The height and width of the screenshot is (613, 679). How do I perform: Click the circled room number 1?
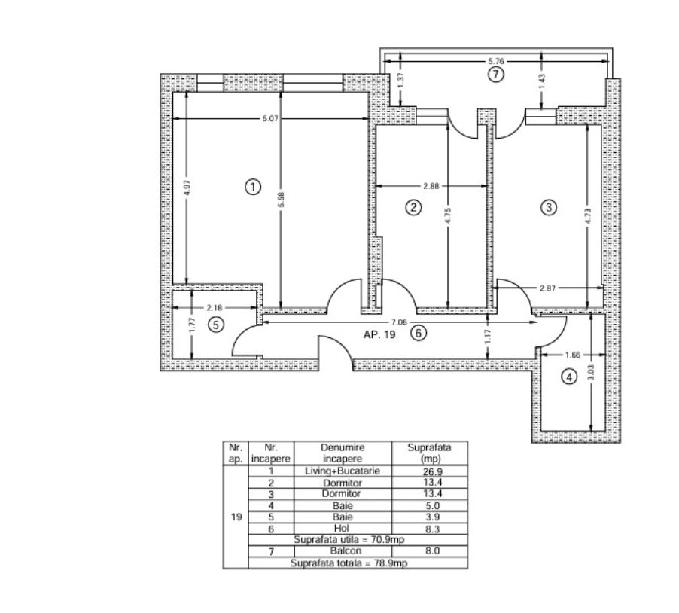pos(253,188)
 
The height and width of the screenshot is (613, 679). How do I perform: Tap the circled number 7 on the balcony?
pos(496,75)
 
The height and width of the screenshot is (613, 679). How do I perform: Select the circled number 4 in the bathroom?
pos(569,377)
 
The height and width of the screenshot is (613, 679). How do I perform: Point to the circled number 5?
pos(216,325)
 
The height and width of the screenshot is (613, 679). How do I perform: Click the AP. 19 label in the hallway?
pos(379,334)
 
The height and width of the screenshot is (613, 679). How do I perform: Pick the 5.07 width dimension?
pos(270,118)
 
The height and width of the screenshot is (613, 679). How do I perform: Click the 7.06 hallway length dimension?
pos(399,322)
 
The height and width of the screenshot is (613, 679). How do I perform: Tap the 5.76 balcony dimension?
pos(496,61)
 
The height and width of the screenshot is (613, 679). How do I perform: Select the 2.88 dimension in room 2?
pos(431,186)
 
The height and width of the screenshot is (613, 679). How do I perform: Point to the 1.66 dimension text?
pos(572,355)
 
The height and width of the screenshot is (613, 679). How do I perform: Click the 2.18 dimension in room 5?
pos(215,307)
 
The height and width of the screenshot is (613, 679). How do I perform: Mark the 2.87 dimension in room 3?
pos(548,288)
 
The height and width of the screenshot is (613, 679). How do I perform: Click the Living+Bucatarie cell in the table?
pos(343,471)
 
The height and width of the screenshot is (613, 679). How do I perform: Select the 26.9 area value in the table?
pos(433,471)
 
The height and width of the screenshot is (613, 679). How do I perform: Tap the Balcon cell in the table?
pos(346,550)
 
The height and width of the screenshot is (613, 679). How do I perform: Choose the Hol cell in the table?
pos(342,528)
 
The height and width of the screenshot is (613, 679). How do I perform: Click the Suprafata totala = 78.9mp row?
pos(349,563)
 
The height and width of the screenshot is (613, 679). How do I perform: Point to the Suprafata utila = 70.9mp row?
pos(349,540)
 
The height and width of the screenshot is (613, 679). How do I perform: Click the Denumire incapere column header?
pos(343,453)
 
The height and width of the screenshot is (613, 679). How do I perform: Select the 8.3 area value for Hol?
pos(433,529)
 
